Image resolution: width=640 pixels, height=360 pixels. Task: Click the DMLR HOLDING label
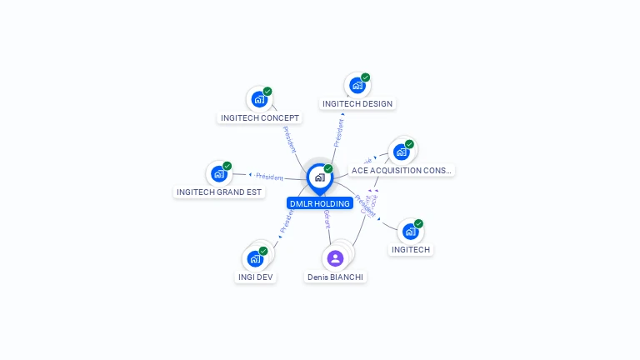click(319, 203)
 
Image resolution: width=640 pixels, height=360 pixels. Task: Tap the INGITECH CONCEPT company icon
click(259, 99)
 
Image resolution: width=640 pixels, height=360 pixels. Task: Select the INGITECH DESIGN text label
click(357, 104)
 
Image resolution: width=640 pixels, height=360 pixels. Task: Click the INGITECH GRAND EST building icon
click(218, 173)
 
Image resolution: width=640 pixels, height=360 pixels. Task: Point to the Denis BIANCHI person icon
click(335, 257)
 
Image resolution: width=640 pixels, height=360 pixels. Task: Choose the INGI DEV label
click(255, 277)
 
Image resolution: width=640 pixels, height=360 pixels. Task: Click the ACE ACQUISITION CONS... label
click(402, 171)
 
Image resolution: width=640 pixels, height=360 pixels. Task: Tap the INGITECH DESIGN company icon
click(357, 85)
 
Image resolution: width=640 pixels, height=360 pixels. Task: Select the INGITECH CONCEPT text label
click(260, 118)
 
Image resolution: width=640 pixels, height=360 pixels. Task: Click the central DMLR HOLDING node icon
click(319, 177)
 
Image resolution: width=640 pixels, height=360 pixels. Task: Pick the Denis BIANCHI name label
click(335, 277)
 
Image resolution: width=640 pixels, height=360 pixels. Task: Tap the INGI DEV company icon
click(255, 258)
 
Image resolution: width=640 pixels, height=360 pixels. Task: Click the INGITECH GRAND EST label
click(219, 192)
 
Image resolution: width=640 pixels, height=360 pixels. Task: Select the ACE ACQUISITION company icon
click(402, 152)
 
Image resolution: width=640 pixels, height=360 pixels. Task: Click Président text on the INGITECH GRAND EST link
click(269, 177)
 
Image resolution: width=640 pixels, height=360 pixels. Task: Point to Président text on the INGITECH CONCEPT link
click(289, 139)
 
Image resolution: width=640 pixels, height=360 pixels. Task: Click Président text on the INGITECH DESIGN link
click(339, 132)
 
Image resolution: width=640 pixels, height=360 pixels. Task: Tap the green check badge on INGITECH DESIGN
click(365, 77)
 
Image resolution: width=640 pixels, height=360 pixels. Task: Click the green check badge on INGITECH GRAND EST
click(227, 166)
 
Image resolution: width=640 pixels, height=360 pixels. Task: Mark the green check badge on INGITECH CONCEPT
click(267, 92)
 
